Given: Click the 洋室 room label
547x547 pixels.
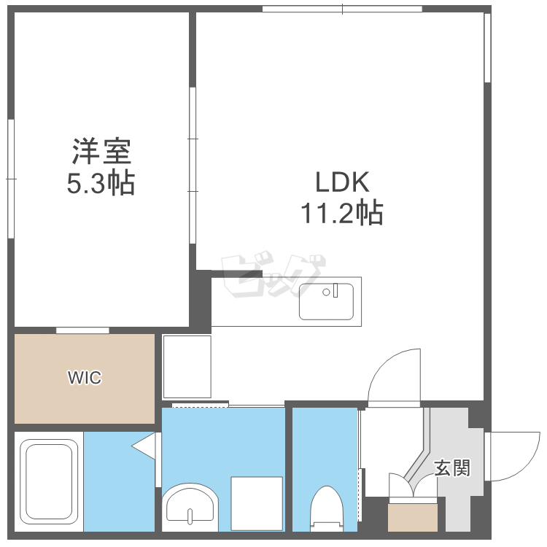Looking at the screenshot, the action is pos(101,152).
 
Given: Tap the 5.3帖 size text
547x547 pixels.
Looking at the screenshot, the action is pos(101,182).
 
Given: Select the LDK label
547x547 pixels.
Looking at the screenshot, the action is pos(342,182).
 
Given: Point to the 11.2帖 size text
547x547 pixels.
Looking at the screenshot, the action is pos(342,212).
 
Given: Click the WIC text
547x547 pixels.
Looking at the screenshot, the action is pos(85,378).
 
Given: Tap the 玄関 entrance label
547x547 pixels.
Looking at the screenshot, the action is pos(452,468).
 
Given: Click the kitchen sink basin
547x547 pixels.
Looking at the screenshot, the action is pos(326,301).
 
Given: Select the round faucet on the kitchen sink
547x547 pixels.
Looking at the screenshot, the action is pos(326,292).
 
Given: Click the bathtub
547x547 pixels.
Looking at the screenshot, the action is pos(49,481).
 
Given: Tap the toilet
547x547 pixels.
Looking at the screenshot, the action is pos(327,508).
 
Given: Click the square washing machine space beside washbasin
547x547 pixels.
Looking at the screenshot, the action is pos(257,504).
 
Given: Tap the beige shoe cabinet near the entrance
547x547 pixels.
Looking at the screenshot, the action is pos(413,518).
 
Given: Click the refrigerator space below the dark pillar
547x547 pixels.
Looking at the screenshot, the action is pos(187,367).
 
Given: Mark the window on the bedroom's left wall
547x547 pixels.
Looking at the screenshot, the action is pos(11,179).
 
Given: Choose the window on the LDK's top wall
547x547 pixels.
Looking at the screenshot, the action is pos(342,9).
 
